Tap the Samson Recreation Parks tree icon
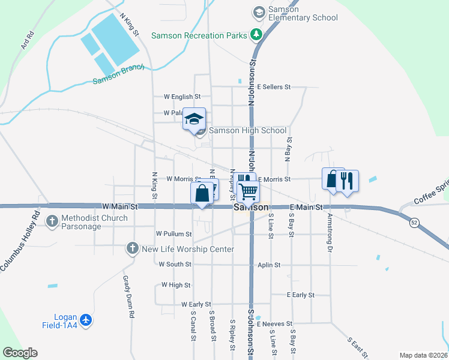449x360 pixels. pos(256,35)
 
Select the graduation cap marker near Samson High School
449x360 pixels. pos(194,119)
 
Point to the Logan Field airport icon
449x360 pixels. pos(86,320)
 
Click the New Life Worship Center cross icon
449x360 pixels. pos(132,248)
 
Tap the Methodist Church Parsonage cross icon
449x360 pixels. pos(52,221)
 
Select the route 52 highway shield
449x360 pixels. pos(414,223)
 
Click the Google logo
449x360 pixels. pos(20,353)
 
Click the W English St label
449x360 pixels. pos(182,97)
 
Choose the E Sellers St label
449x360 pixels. pos(274,87)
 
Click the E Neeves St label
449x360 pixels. pos(274,323)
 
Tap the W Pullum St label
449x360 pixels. pos(173,233)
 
